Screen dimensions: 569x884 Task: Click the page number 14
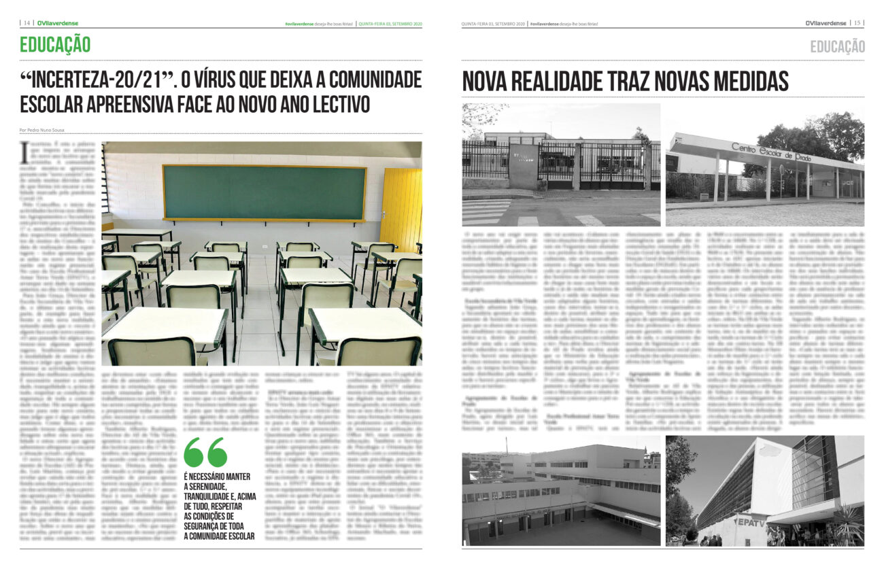pyautogui.click(x=27, y=23)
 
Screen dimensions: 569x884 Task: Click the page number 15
pyautogui.click(x=857, y=23)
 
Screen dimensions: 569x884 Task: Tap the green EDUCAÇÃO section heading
pyautogui.click(x=55, y=45)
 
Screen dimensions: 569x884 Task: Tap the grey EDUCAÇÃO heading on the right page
pyautogui.click(x=837, y=46)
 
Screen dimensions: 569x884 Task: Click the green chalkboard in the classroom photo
pyautogui.click(x=265, y=192)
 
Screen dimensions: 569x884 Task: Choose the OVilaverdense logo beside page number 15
pyautogui.click(x=825, y=23)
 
